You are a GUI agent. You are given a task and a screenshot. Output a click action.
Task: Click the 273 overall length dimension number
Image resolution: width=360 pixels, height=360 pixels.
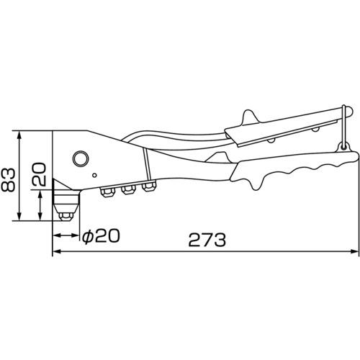207,240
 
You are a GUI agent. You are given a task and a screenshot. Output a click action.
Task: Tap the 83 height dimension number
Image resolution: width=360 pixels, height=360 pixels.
8,180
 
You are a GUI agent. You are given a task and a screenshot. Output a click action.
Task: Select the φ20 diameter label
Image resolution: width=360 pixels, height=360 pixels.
101,236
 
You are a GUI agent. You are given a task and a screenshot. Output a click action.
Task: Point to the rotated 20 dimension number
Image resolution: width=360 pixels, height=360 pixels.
39,174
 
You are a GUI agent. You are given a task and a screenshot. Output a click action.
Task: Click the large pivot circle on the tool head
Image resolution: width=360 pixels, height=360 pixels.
81,158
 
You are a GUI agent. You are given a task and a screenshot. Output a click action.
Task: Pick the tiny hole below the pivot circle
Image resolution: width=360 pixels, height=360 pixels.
95,175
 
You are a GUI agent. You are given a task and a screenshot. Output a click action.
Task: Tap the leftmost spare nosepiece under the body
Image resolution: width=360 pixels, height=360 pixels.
108,192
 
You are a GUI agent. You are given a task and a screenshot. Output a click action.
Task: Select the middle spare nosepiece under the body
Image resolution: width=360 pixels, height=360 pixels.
128,189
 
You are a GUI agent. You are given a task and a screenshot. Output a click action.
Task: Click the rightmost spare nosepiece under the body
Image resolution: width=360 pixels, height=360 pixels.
149,186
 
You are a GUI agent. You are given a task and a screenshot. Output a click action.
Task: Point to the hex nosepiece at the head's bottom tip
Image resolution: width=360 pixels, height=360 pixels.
66,216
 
